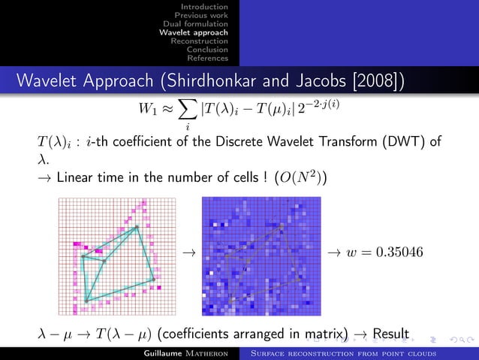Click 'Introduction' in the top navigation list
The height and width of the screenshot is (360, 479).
pos(206,7)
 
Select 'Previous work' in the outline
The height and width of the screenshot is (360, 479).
pos(201,15)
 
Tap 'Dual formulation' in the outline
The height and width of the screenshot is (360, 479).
pos(196,24)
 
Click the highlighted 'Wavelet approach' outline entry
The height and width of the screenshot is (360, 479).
pos(194,32)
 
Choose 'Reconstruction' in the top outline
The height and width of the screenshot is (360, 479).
pos(199,41)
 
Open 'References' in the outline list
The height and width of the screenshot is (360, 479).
pos(208,58)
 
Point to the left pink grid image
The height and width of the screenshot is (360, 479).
pos(116,256)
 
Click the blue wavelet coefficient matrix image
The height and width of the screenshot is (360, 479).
pos(261,256)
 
